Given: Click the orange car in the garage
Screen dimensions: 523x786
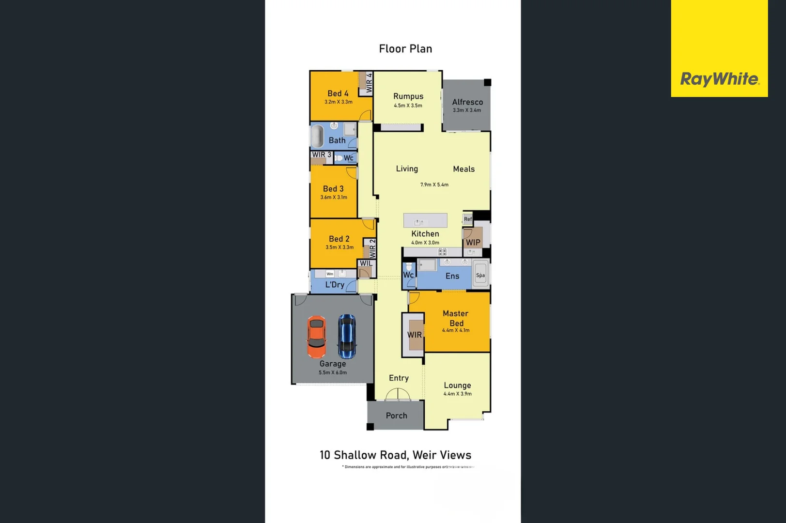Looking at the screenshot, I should point(316,337).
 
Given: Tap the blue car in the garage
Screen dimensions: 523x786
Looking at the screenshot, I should point(347,336).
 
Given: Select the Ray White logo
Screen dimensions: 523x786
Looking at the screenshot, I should point(719,79).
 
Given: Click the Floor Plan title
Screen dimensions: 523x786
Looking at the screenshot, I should point(405,49).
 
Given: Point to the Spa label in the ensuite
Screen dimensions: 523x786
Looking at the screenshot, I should point(480,276).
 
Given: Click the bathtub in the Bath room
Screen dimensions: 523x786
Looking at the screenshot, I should point(317,136).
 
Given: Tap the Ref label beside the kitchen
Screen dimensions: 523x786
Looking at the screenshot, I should point(468,219).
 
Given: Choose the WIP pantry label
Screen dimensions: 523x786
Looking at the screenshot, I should point(473,243).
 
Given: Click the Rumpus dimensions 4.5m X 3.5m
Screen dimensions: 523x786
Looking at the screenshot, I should point(408,106).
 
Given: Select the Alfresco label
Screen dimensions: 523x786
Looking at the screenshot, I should point(467,102).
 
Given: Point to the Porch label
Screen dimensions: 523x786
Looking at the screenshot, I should point(396,415).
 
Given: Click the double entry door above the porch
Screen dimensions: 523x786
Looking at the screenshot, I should point(398,395).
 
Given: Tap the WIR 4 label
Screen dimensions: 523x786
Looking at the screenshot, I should point(369,83).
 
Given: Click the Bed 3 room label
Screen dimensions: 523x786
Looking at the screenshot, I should point(333,189).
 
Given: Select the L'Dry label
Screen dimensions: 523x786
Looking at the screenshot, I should point(335,285).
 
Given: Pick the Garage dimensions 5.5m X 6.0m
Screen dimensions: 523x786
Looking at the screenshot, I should point(333,372).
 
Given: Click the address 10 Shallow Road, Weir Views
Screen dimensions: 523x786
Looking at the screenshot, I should point(395,455).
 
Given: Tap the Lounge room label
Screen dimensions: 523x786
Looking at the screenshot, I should point(457,385).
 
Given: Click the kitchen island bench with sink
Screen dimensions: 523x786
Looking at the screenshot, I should point(425,221).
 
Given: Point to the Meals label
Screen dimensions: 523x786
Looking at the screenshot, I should point(463,169).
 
